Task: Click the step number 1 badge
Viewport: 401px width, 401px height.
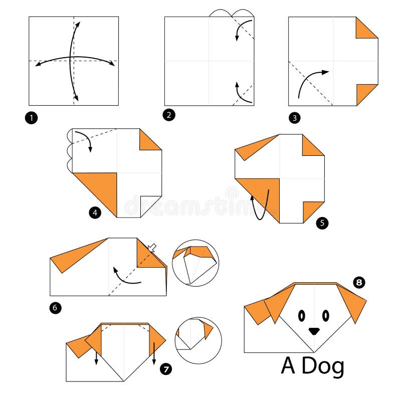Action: pyautogui.click(x=33, y=119)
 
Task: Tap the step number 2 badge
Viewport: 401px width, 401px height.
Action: pyautogui.click(x=169, y=115)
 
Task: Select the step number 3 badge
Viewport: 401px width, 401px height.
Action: pyautogui.click(x=294, y=118)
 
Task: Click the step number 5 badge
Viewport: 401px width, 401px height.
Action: pyautogui.click(x=323, y=223)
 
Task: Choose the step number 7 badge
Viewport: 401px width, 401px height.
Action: pyautogui.click(x=166, y=369)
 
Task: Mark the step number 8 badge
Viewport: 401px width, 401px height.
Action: pyautogui.click(x=359, y=282)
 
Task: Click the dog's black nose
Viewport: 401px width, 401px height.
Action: pyautogui.click(x=314, y=331)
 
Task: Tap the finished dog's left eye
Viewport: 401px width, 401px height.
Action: pyautogui.click(x=302, y=315)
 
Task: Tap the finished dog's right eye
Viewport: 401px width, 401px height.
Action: pyautogui.click(x=326, y=315)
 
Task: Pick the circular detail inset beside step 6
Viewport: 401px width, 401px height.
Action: pyautogui.click(x=195, y=263)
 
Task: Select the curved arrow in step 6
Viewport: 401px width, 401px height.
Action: pyautogui.click(x=125, y=277)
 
